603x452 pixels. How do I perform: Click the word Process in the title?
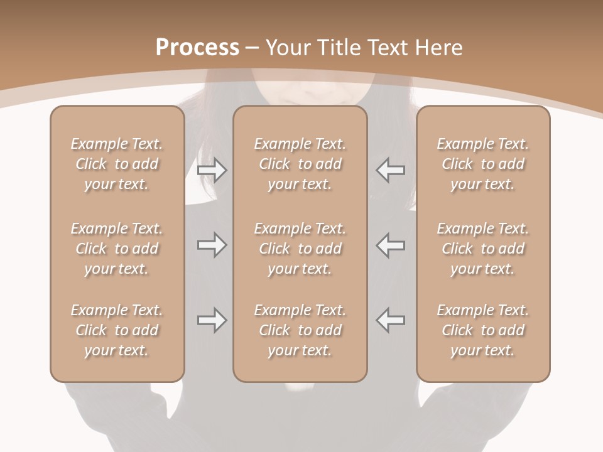pos(197,48)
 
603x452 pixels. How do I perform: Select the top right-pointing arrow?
pos(212,169)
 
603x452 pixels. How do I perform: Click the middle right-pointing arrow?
pos(212,245)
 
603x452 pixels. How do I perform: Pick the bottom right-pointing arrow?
pos(212,320)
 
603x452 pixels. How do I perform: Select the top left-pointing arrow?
pos(391,169)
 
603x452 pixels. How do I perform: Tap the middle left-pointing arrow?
pos(391,245)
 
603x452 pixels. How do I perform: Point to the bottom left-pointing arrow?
pos(391,320)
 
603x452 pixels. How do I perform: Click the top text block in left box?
pos(117,164)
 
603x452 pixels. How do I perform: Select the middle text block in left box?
pos(117,249)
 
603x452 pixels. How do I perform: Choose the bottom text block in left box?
pos(117,330)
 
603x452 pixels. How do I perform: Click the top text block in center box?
pos(300,164)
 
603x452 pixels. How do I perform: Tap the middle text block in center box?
pos(300,249)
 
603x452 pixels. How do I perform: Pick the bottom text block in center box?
pos(300,330)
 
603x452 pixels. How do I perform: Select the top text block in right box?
pos(483,164)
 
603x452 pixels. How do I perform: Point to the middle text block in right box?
pos(483,249)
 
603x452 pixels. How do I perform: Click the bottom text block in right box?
pos(483,330)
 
